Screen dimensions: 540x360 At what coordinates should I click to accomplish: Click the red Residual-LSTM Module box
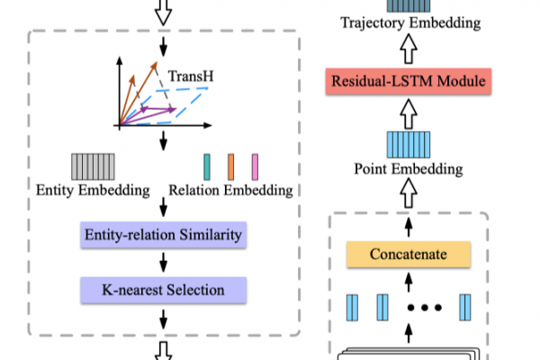[409, 81]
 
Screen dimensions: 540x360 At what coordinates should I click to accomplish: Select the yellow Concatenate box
[409, 254]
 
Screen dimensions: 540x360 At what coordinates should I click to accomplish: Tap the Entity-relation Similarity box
[163, 235]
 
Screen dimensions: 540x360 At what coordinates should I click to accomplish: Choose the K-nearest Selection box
[163, 290]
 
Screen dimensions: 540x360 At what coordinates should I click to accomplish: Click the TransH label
[191, 76]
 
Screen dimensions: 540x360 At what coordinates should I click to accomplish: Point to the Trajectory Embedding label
[410, 23]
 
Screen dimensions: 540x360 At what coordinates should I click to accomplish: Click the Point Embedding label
[409, 169]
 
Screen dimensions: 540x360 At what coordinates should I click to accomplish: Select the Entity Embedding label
[93, 190]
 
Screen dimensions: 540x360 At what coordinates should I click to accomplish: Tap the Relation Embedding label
[230, 190]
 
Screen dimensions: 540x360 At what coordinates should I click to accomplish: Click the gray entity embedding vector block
[93, 166]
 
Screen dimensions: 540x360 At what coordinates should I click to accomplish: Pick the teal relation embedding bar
[207, 167]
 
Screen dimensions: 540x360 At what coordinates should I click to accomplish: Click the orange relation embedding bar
[230, 167]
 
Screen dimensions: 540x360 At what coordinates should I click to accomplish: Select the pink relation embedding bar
[255, 167]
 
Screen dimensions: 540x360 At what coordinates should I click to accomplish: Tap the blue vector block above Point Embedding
[409, 145]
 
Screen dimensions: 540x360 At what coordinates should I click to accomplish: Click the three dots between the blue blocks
[424, 307]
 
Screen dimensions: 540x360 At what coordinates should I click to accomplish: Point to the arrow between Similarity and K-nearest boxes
[163, 263]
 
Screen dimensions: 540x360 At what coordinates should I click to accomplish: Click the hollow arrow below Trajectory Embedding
[409, 49]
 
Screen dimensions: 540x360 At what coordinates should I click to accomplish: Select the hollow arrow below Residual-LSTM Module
[409, 114]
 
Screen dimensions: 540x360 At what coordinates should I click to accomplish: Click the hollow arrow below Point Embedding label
[409, 193]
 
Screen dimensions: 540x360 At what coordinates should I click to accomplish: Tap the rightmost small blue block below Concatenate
[465, 308]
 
